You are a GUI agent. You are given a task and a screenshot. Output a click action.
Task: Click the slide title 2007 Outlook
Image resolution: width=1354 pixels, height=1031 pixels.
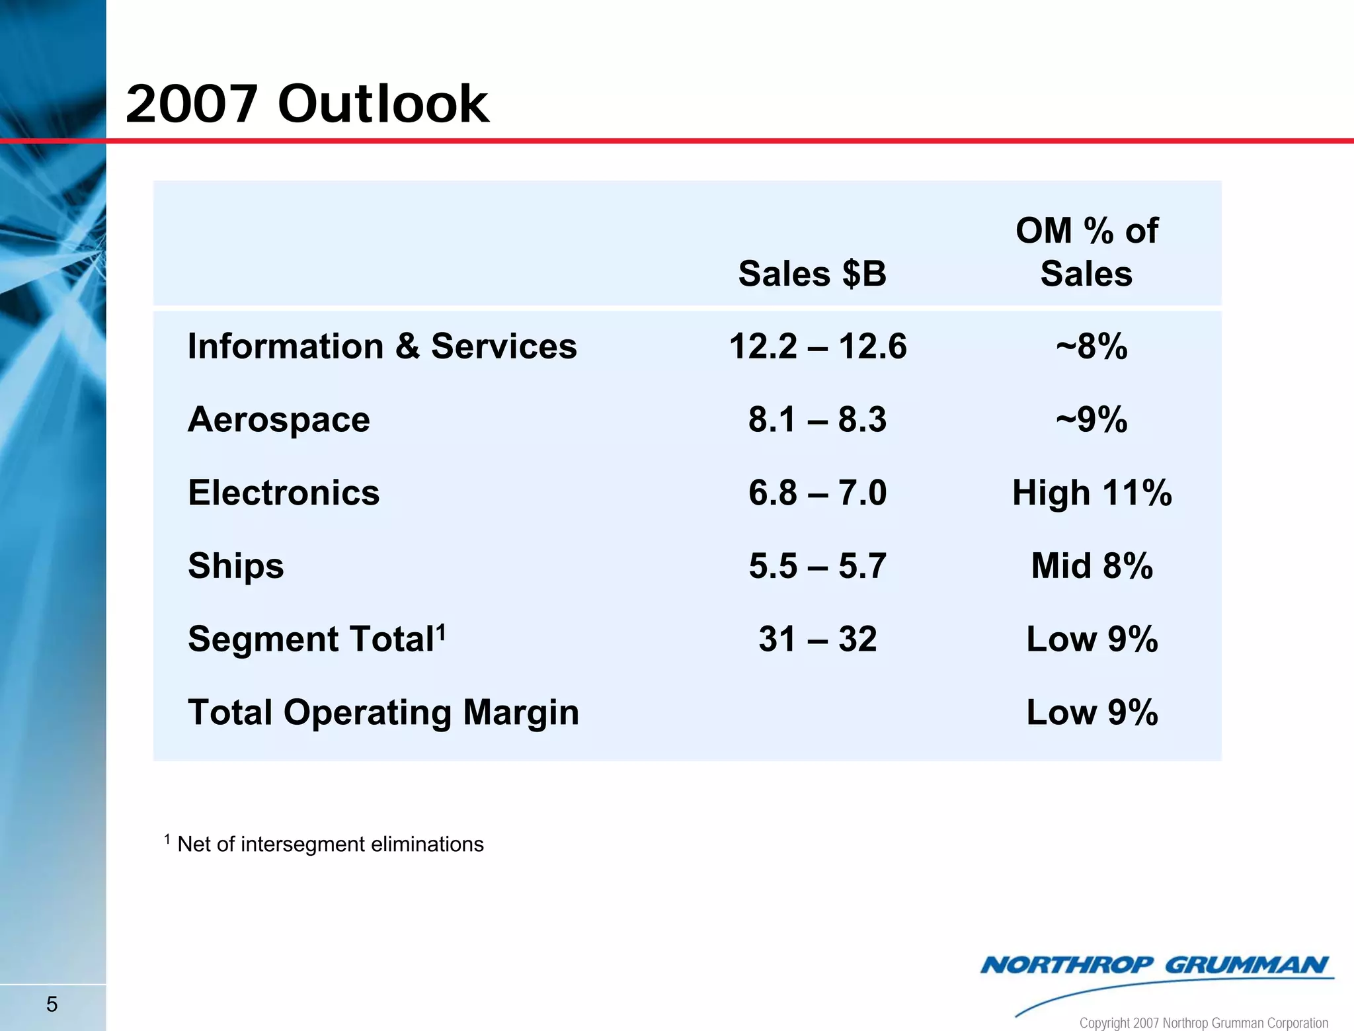pos(307,104)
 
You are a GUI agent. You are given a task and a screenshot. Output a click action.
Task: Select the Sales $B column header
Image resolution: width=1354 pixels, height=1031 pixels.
pos(812,273)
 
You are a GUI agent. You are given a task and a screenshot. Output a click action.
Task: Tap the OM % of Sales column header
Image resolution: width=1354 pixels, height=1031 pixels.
pos(1086,252)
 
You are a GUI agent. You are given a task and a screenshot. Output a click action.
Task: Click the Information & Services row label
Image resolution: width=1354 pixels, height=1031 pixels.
pos(382,346)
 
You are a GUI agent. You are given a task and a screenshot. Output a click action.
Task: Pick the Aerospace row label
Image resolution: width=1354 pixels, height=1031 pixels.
pos(278,419)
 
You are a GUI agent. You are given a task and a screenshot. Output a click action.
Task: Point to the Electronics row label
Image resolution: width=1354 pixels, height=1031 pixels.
pos(284,493)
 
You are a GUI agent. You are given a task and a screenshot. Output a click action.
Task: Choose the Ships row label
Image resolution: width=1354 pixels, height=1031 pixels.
pos(235,566)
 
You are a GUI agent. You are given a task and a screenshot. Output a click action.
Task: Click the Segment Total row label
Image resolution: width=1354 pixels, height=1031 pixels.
pos(316,639)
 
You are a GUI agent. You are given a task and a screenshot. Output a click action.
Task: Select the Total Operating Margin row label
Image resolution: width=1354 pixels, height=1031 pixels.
pos(383,712)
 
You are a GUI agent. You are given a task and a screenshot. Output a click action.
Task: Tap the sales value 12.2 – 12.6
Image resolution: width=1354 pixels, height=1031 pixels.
pos(817,346)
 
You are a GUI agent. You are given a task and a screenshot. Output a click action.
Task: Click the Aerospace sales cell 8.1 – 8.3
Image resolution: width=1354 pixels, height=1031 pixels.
pos(817,419)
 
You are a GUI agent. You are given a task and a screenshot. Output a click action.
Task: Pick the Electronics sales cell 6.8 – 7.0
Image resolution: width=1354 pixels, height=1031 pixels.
pos(817,493)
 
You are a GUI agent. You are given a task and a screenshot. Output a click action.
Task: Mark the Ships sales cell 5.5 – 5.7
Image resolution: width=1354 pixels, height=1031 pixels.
pos(817,566)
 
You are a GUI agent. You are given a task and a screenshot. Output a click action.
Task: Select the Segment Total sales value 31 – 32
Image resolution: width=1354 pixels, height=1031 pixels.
pos(817,639)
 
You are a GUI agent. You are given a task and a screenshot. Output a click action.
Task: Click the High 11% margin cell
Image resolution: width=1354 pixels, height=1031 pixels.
pos(1092,493)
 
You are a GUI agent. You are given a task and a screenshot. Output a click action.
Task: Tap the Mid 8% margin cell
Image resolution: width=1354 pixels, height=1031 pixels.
pos(1092,566)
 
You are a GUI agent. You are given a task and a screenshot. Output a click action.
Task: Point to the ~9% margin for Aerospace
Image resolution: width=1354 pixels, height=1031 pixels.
pos(1092,419)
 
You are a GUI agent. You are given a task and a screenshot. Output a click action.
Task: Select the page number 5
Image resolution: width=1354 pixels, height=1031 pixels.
pos(52,1005)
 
